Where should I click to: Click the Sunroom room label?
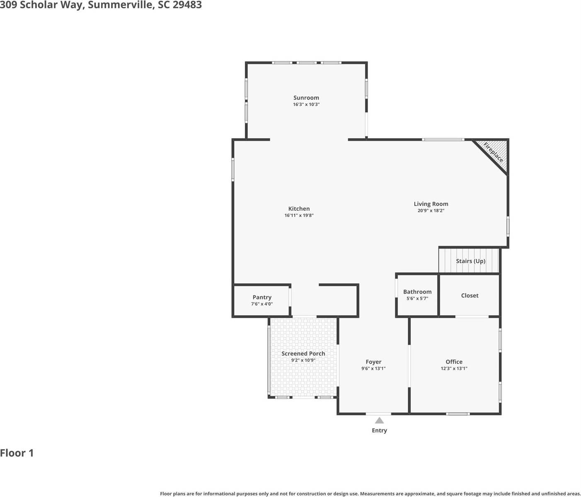tap(306, 98)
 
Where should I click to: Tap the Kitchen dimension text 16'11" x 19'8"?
tap(299, 216)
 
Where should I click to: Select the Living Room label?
tap(431, 204)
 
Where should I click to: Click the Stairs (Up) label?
tap(470, 261)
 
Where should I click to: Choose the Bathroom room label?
tap(417, 292)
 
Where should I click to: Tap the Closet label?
tap(470, 295)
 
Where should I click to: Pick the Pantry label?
tap(262, 297)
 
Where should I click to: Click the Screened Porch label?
tap(303, 353)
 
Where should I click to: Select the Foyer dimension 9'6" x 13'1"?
tap(373, 368)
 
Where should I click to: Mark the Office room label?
tap(454, 362)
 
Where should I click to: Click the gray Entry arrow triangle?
tap(379, 421)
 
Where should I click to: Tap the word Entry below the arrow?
tap(379, 431)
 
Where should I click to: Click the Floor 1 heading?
tap(17, 453)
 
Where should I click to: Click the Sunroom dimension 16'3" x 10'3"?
tap(306, 105)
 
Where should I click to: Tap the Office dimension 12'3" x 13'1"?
tap(454, 368)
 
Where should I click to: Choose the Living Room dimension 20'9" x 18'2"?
tap(431, 211)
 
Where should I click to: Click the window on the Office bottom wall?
tap(458, 414)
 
